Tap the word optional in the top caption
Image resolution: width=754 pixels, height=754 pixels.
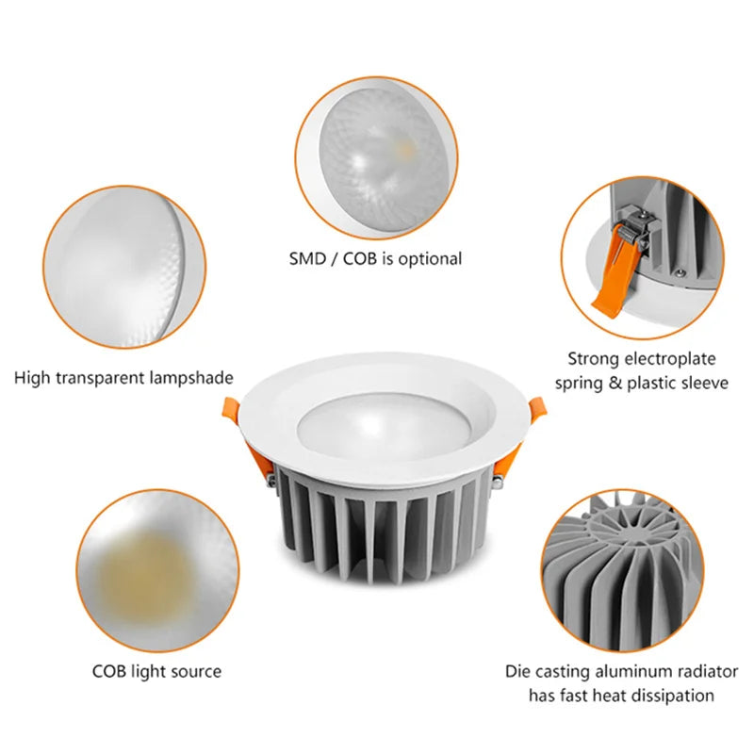(429, 257)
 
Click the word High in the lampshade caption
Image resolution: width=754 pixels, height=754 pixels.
(33, 377)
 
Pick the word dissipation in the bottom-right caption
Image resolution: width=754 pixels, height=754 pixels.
(671, 696)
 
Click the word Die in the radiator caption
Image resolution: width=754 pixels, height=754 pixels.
(516, 672)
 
